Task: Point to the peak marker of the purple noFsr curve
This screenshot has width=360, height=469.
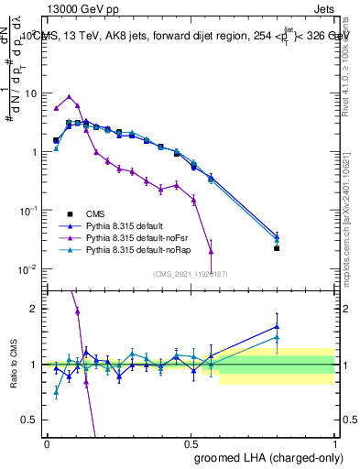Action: click(70, 96)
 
